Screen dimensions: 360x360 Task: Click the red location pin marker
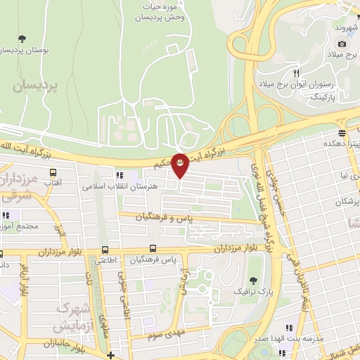point(181,165)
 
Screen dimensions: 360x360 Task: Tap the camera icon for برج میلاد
point(342,44)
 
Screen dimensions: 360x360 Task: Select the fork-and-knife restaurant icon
point(297,73)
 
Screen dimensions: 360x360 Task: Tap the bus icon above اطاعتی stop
point(105,250)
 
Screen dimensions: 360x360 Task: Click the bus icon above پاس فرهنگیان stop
point(153,249)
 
